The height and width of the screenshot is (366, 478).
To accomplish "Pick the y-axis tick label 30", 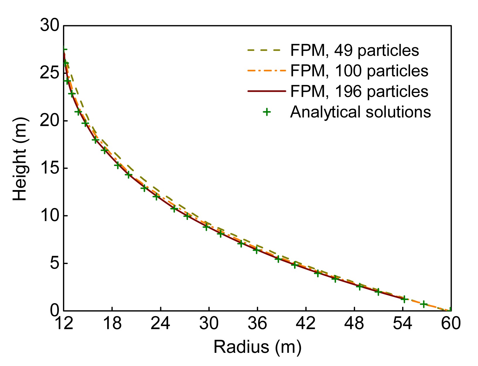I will coord(50,26).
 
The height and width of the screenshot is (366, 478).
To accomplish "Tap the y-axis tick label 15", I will coord(50,168).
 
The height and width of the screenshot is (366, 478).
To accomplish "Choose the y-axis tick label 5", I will coord(54,263).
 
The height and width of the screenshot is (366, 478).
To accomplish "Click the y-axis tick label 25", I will coord(50,73).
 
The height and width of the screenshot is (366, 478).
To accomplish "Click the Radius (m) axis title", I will coord(257,347).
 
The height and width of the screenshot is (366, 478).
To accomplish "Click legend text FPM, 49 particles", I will coord(354,50).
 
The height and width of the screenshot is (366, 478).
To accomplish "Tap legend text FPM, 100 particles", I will coord(359,71).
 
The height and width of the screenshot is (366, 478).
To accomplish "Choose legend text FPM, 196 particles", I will coord(359,91).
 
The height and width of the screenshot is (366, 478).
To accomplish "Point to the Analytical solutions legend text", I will coord(360,112).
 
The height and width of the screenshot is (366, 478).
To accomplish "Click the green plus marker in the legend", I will coord(266,112).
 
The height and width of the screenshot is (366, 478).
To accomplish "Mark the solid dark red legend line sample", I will coord(266,91).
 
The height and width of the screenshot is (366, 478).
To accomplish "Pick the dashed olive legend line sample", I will coord(266,50).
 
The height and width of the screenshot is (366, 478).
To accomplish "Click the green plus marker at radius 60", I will coord(450,310).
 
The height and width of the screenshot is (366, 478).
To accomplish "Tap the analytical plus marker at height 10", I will coord(187,216).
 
